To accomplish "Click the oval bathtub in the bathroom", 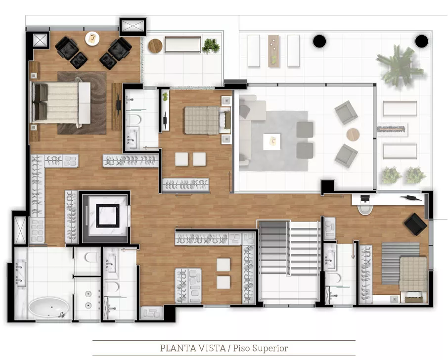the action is coord(48,308).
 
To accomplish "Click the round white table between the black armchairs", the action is coord(92,39).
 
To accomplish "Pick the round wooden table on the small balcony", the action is coord(155,45).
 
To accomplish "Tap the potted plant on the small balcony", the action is coord(211,45).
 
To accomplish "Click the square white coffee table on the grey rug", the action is coord(271,142).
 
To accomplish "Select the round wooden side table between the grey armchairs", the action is coord(353,135).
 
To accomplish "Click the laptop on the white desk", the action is coord(365,199).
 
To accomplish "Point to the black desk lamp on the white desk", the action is coord(410,198).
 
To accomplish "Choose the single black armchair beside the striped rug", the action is coord(416,225).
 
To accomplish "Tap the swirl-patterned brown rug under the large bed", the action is coord(82,103).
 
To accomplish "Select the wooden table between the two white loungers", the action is coord(273,51).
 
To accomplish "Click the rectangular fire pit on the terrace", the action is coord(392,130).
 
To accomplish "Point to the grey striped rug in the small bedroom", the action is coord(401,264).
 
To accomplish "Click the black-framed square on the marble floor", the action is coord(107,216).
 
